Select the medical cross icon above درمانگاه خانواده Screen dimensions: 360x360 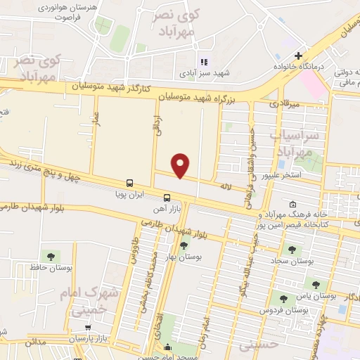coord(299,56)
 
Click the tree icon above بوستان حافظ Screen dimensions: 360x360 coord(50,255)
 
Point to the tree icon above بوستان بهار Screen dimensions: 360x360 coord(184,245)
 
